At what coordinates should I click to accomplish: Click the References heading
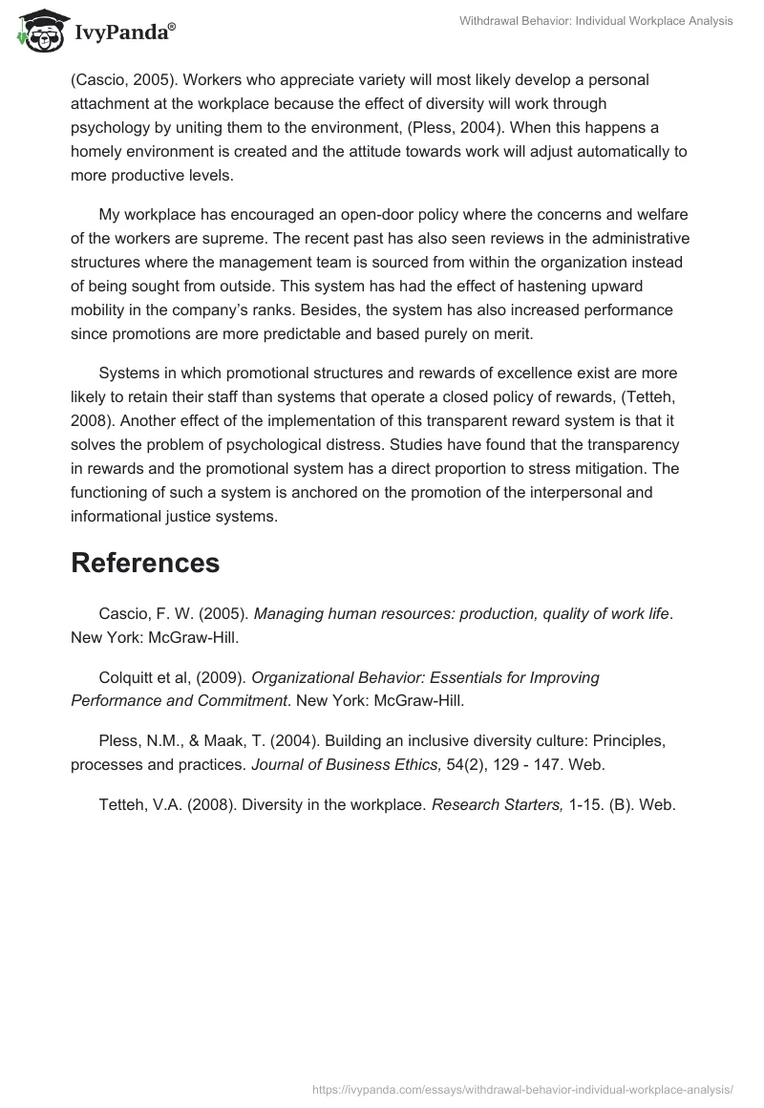coord(145,563)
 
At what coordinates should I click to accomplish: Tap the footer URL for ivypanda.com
coord(523,1088)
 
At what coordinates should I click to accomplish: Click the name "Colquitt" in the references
coord(128,677)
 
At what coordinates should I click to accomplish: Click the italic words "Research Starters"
coord(497,804)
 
